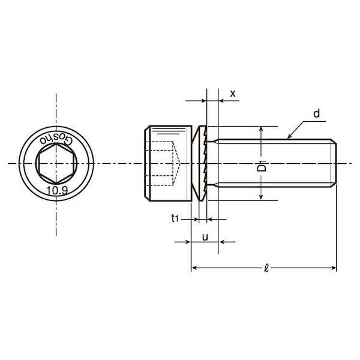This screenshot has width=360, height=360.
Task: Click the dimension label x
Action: pyautogui.click(x=233, y=94)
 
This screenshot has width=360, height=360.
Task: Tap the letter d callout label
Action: pyautogui.click(x=317, y=113)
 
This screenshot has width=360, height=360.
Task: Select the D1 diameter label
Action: pyautogui.click(x=262, y=166)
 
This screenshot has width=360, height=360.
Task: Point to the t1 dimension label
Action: pyautogui.click(x=175, y=218)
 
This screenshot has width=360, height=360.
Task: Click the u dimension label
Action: pyautogui.click(x=205, y=237)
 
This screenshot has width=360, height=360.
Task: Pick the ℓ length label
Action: pyautogui.click(x=266, y=268)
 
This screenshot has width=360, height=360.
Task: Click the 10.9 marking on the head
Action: pyautogui.click(x=57, y=190)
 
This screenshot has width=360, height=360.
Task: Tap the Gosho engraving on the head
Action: pyautogui.click(x=56, y=139)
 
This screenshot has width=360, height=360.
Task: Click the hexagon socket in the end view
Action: pyautogui.click(x=56, y=163)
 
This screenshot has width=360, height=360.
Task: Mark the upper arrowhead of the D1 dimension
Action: pyautogui.click(x=261, y=128)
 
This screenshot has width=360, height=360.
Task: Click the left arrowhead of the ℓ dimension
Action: pyautogui.click(x=194, y=268)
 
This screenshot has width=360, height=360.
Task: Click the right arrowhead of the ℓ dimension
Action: pyautogui.click(x=334, y=268)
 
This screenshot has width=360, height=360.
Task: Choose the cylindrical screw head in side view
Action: pyautogui.click(x=168, y=163)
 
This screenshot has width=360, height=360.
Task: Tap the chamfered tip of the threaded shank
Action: pyautogui.click(x=334, y=163)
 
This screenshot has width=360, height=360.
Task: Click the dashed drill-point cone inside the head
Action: pyautogui.click(x=176, y=163)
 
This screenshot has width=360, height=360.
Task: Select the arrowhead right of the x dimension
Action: pyautogui.click(x=221, y=101)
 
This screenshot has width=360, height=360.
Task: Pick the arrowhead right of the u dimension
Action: pyautogui.click(x=221, y=242)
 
